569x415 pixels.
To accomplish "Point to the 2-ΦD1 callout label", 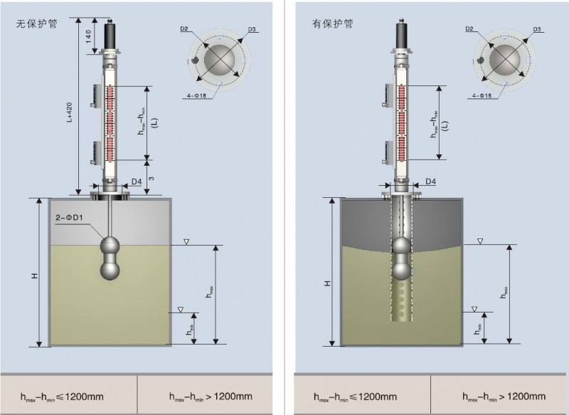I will [x=70, y=217].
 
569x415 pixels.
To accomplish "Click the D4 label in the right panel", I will [x=431, y=182].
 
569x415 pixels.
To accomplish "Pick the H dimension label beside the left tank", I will [x=34, y=274].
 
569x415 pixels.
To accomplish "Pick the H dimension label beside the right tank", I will [x=328, y=283].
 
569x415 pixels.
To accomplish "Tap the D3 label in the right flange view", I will [x=538, y=29].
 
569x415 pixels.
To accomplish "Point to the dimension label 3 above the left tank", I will [x=151, y=170].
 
